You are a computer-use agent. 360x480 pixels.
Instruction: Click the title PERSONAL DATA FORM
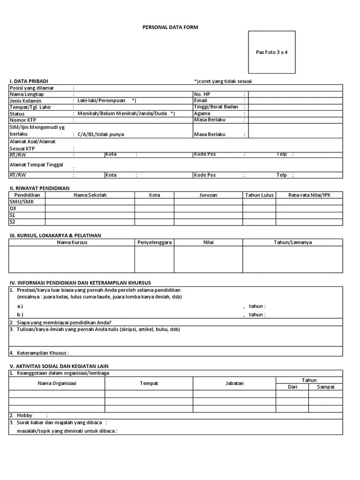[x=170, y=27]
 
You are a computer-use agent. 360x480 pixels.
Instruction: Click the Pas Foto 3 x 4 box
[x=271, y=52]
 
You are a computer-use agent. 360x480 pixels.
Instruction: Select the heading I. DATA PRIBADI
[x=29, y=81]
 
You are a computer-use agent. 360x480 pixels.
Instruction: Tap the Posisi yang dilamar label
[x=32, y=88]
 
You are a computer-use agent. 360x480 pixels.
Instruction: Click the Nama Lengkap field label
[x=27, y=94]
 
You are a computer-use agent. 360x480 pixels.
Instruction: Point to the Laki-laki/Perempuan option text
[x=102, y=100]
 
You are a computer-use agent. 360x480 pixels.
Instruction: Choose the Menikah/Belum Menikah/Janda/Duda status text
[x=123, y=113]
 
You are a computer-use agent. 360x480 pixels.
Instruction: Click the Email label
[x=200, y=100]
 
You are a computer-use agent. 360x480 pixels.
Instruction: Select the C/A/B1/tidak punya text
[x=101, y=135]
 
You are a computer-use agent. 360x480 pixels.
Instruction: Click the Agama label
[x=202, y=113]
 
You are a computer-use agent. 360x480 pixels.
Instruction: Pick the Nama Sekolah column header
[x=90, y=195]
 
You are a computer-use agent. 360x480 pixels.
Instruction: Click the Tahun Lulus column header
[x=259, y=195]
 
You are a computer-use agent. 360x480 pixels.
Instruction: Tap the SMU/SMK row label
[x=22, y=202]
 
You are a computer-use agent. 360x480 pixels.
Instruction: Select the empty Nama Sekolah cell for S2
[x=90, y=222]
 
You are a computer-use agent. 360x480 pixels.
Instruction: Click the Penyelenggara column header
[x=154, y=242]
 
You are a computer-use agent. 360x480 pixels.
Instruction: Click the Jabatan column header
[x=234, y=383]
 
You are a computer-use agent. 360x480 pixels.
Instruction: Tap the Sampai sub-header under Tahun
[x=325, y=387]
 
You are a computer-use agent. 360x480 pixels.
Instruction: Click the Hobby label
[x=25, y=415]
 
